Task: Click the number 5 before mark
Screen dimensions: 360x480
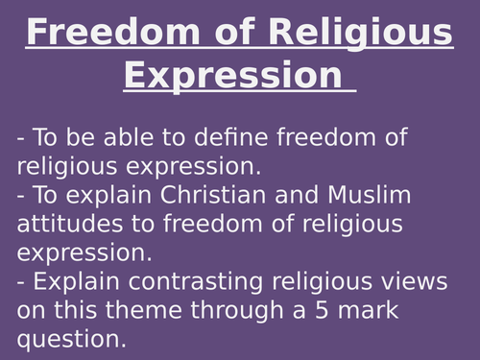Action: coord(291,311)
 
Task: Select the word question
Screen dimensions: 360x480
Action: coord(69,340)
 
